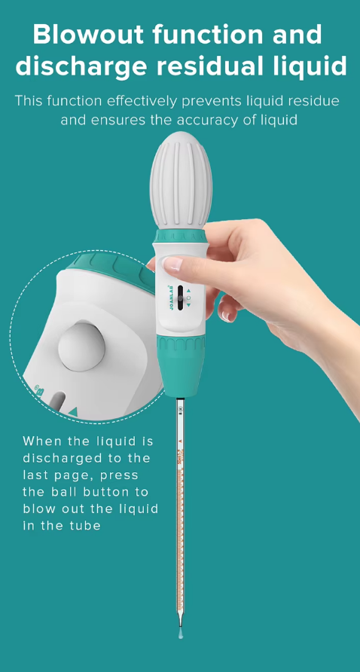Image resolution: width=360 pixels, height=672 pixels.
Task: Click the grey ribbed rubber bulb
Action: pos(181,180)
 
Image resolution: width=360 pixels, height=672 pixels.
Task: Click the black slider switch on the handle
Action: pos(181,297)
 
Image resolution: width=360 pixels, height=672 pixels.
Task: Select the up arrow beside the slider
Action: pos(188,290)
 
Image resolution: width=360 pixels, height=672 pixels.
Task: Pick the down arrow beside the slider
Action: pos(188,305)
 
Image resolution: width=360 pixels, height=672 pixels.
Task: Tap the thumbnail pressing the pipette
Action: pos(173,264)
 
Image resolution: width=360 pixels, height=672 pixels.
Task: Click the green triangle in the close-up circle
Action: pos(73,412)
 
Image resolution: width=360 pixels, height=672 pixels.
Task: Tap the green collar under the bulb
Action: pos(181,236)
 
